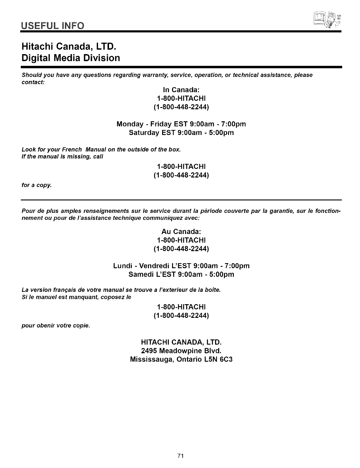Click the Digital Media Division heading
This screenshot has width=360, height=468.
coord(71,58)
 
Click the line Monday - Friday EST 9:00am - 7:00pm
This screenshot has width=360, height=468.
coord(181,124)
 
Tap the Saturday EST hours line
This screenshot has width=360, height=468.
coord(181,133)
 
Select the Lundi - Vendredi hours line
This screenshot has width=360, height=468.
coord(181,266)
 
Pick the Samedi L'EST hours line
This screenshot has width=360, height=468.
coord(181,274)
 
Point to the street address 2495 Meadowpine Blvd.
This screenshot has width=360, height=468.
coord(181,351)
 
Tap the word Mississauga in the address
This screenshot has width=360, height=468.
coord(152,359)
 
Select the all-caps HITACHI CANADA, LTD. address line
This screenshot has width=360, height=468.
coord(181,342)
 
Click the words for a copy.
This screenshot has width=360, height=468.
coord(37,185)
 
